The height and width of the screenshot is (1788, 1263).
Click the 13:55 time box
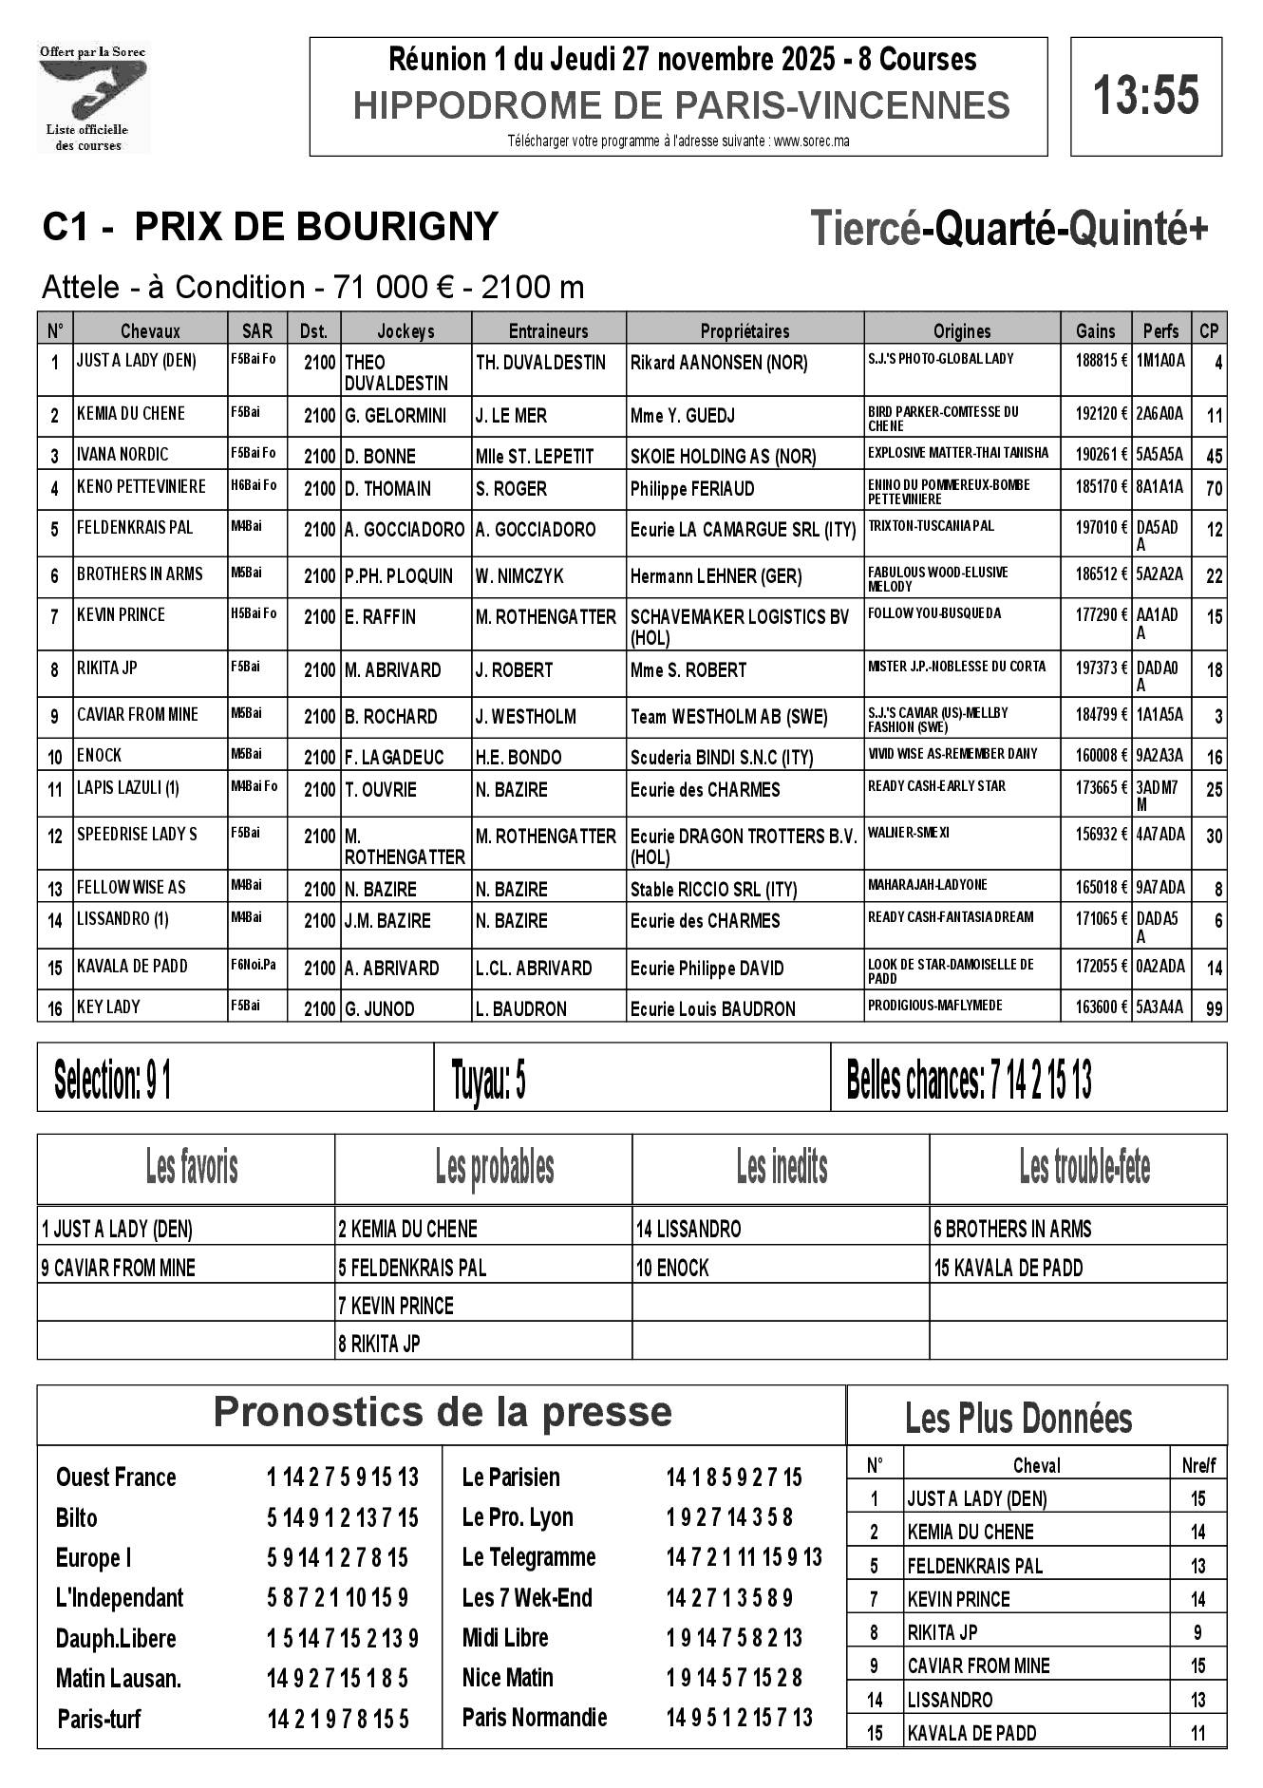[x=1145, y=96]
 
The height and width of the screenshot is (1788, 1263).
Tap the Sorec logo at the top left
[x=92, y=98]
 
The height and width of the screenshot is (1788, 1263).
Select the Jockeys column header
[x=405, y=330]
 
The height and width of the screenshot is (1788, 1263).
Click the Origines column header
[x=961, y=330]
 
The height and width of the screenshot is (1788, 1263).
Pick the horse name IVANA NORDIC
[x=123, y=454]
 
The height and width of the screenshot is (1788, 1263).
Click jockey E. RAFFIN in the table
[x=380, y=617]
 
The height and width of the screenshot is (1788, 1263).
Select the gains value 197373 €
[x=1101, y=668]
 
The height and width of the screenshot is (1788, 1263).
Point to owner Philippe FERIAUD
[x=692, y=489]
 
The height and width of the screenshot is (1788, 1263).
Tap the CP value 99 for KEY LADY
[x=1213, y=1009]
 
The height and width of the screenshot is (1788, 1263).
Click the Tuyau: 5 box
[x=631, y=1078]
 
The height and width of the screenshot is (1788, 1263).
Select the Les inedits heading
[x=781, y=1167]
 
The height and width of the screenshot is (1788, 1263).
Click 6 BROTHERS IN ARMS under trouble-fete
[x=1012, y=1230]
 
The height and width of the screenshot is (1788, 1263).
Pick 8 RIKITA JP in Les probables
[x=379, y=1344]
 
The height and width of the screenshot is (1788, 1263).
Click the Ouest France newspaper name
[x=116, y=1477]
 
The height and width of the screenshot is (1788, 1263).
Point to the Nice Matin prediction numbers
[x=733, y=1678]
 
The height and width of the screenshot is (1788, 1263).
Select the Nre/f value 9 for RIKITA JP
[x=1197, y=1632]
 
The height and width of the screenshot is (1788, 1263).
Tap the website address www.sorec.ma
[x=811, y=141]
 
